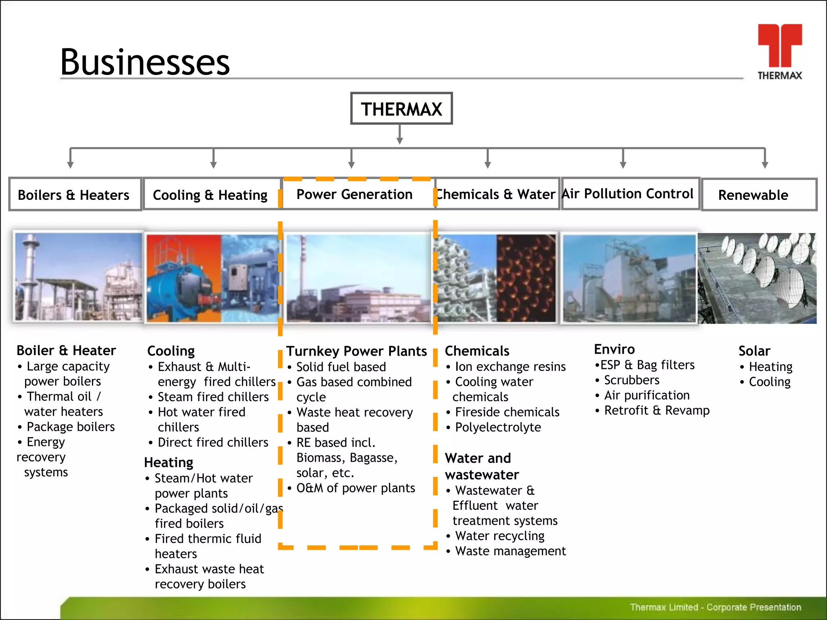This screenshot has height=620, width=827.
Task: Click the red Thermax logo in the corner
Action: (x=779, y=51)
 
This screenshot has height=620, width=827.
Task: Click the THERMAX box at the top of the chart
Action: (x=401, y=109)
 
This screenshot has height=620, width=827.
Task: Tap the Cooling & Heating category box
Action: (x=211, y=195)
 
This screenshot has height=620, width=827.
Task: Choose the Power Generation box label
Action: (x=355, y=194)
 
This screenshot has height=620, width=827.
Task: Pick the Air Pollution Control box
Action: (x=628, y=194)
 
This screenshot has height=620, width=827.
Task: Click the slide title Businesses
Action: (x=145, y=62)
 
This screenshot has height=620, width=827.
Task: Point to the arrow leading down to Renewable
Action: (x=765, y=159)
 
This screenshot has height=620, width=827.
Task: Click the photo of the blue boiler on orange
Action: (x=184, y=279)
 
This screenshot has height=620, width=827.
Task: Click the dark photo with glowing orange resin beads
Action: (x=526, y=279)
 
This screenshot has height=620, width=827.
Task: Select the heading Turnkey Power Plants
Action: (x=356, y=351)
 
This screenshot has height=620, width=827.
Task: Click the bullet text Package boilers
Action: (x=71, y=427)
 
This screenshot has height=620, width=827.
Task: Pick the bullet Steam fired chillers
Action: (x=213, y=397)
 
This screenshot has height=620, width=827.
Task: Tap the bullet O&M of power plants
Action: (x=355, y=488)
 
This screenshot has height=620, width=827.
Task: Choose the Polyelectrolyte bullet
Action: (x=498, y=427)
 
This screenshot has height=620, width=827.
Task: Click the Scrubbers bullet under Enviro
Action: (x=632, y=380)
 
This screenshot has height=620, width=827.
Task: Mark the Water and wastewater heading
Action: (x=482, y=467)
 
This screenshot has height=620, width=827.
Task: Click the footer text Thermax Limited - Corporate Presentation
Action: (x=715, y=607)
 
